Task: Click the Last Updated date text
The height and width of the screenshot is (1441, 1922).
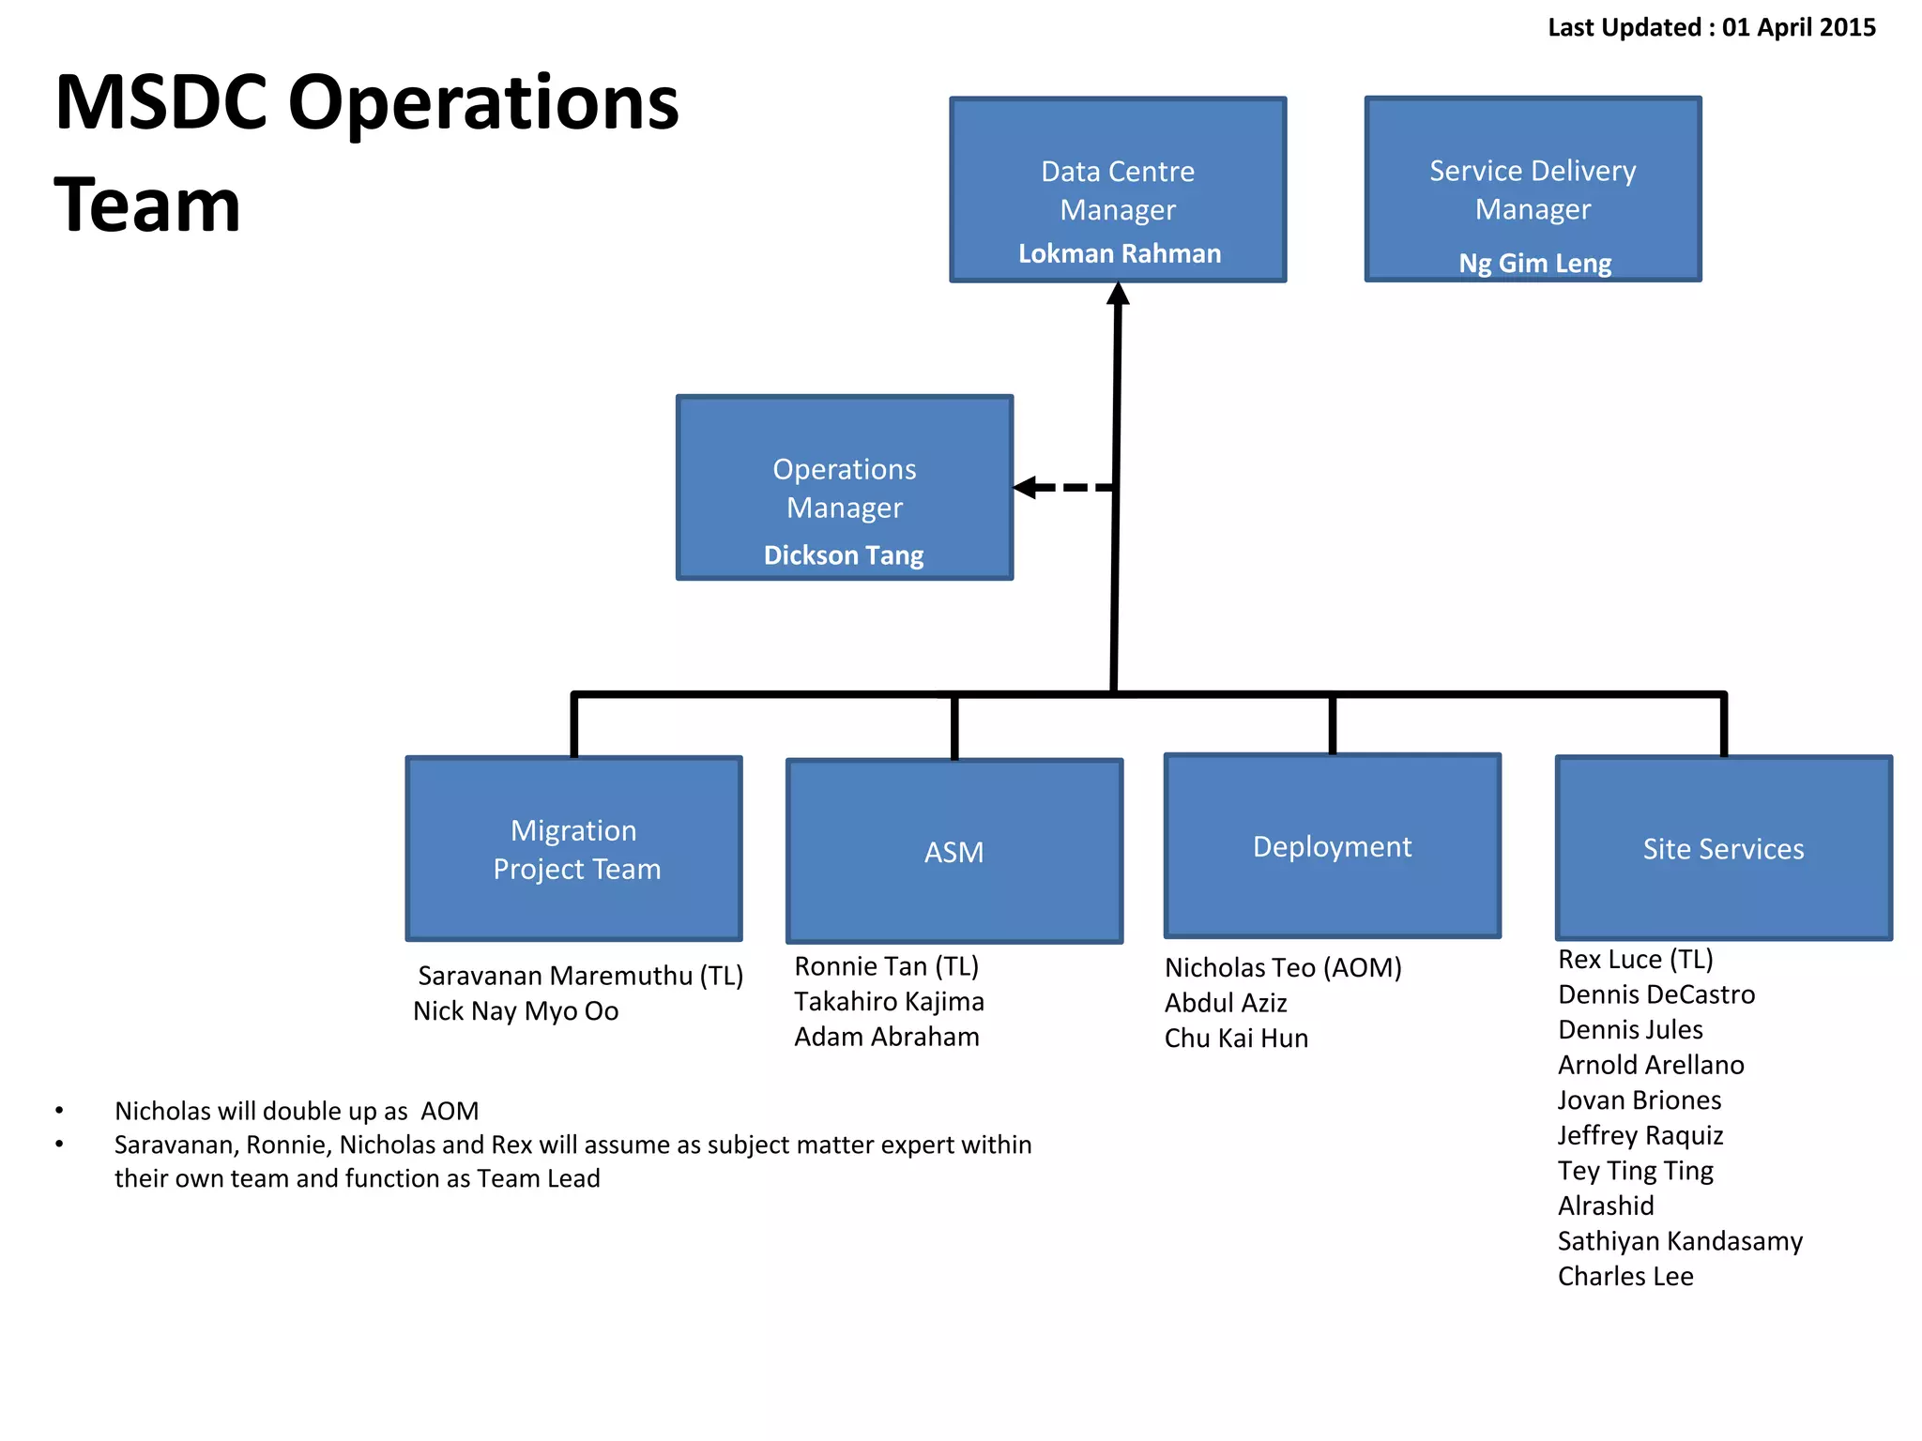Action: coord(1711,27)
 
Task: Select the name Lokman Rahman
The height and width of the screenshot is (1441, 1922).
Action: coord(1120,254)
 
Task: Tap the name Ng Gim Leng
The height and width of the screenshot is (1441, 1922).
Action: coord(1534,264)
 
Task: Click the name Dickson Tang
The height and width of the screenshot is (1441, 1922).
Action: coord(844,555)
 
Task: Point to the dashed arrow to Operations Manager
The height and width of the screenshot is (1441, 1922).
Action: coord(1065,488)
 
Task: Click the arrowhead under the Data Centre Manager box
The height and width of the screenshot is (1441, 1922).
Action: coord(1118,295)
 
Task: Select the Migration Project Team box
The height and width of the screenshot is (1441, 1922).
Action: coord(574,849)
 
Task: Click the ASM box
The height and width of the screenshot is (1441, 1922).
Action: coord(954,852)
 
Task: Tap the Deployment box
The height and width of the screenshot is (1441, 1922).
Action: coord(1332,846)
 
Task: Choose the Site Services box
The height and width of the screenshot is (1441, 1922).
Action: coord(1723,849)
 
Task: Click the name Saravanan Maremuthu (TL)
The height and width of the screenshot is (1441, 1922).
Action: coord(580,976)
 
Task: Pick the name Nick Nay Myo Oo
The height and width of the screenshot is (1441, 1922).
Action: coord(516,1011)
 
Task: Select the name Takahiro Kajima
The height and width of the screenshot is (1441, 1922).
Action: coord(889,1002)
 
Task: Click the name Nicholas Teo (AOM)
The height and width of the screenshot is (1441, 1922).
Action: coord(1283,968)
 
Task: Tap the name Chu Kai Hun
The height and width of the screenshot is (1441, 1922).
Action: coord(1236,1039)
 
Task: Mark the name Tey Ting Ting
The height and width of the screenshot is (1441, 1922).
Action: coord(1636,1171)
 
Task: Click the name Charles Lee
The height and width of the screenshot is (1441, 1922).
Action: coord(1625,1277)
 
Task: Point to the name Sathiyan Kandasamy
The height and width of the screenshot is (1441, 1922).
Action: coord(1680,1241)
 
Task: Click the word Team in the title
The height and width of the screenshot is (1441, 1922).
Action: coord(148,205)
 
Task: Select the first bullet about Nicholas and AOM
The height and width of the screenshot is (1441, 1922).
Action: coord(297,1112)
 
